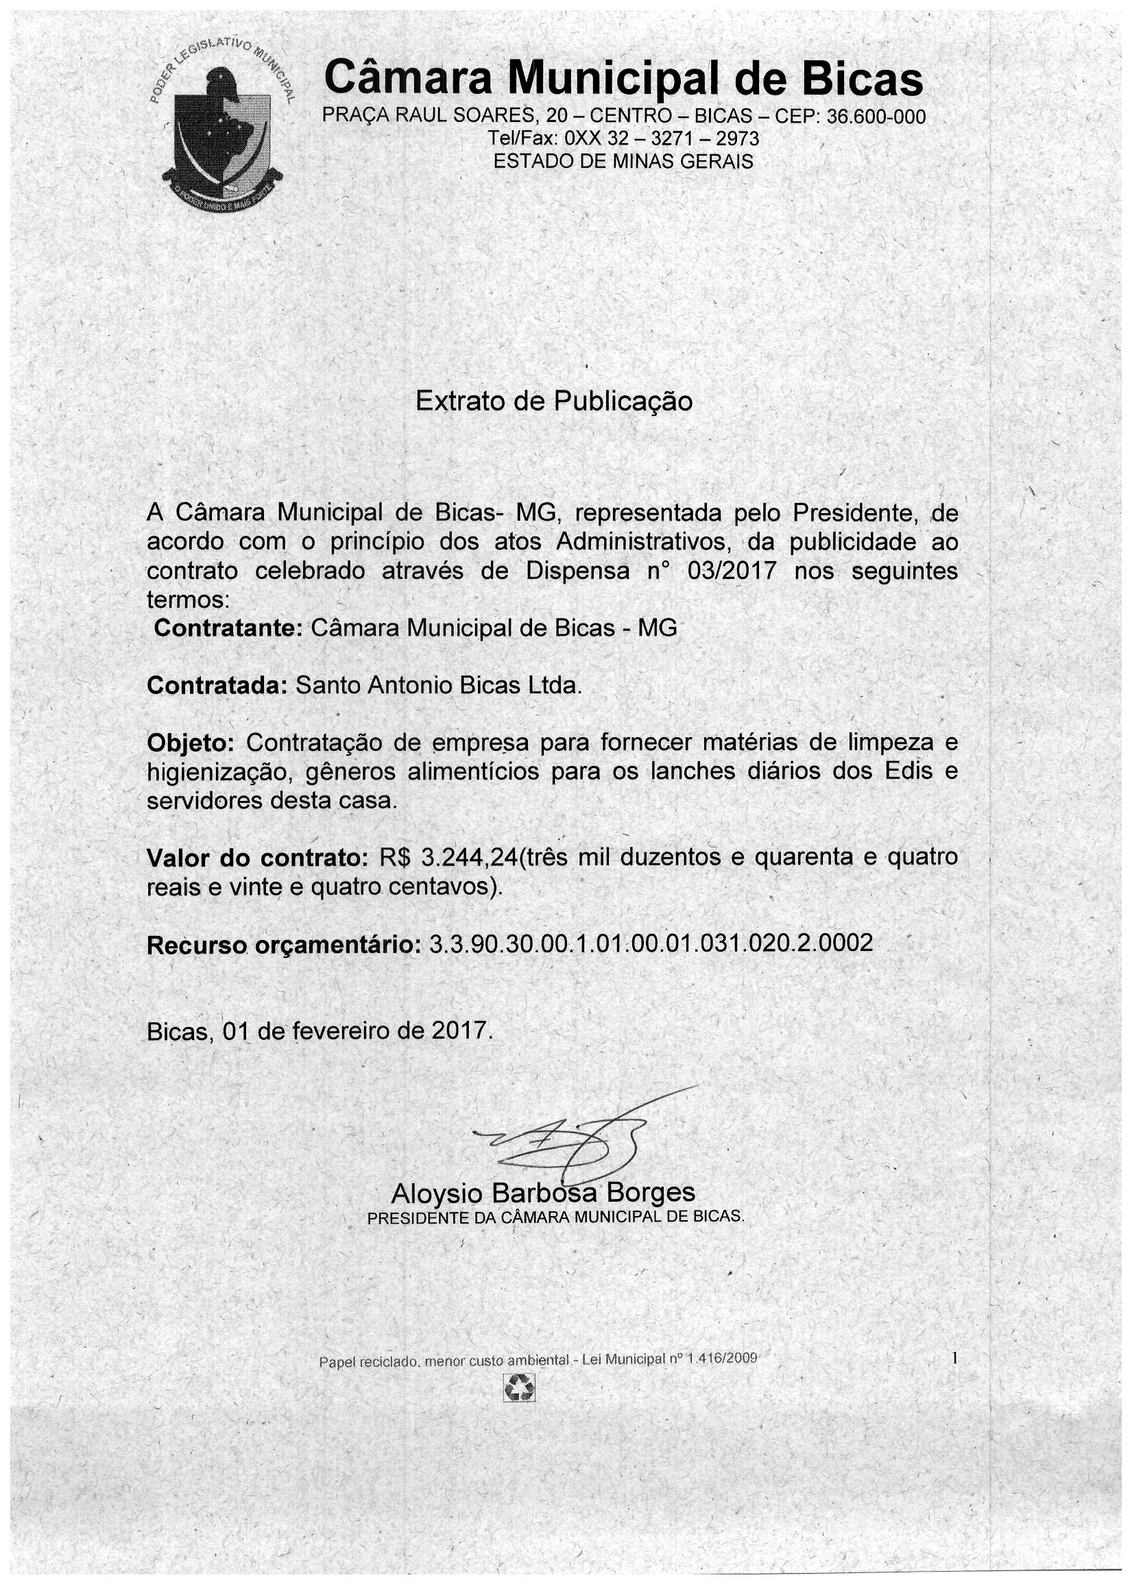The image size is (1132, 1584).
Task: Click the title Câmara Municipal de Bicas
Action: coord(624,79)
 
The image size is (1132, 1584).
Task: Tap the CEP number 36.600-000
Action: coord(876,116)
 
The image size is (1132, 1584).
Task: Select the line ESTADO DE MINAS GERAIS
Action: coord(623,162)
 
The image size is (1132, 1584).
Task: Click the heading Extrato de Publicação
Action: coord(554,401)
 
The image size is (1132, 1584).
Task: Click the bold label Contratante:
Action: coord(227,628)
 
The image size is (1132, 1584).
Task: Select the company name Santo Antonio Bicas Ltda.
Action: coord(438,686)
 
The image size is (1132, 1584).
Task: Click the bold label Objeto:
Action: coord(191,743)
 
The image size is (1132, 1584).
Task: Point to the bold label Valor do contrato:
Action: coord(257,858)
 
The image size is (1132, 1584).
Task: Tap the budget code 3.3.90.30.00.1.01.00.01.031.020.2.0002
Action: coord(651,944)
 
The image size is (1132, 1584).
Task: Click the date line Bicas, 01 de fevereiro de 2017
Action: coord(320,1030)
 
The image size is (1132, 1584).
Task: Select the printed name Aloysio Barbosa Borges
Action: coord(543,1193)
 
